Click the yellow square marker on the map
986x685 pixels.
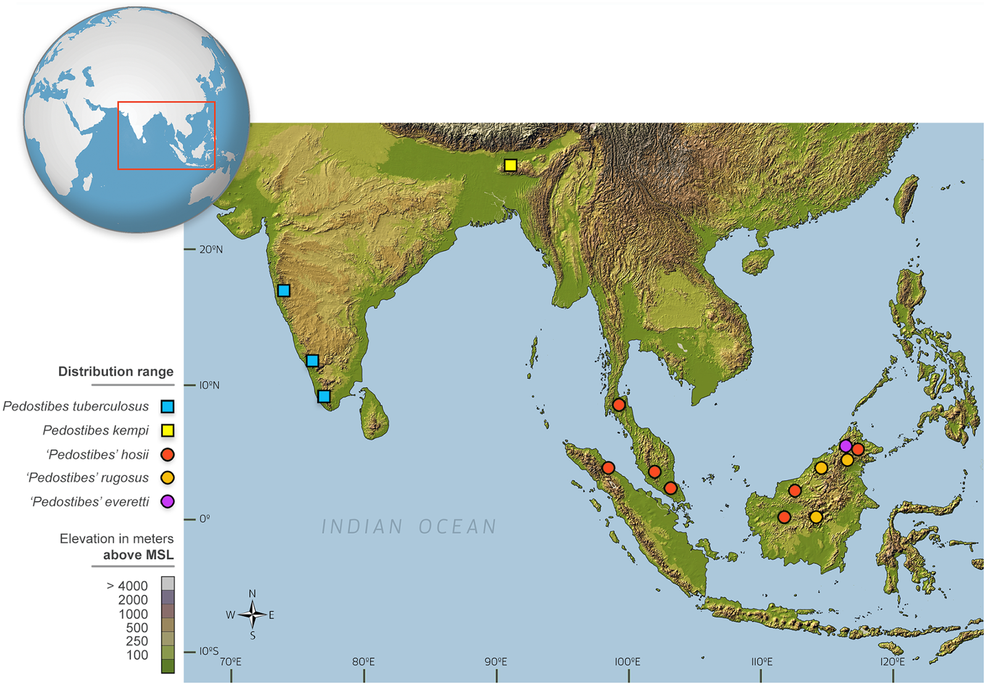point(510,165)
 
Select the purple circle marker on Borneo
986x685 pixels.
point(845,445)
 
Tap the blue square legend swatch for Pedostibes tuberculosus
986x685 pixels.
point(167,407)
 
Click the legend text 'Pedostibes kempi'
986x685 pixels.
point(96,430)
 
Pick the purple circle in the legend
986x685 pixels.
point(167,501)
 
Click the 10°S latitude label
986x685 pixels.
point(208,651)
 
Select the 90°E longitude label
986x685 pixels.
point(495,662)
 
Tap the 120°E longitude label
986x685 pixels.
point(892,662)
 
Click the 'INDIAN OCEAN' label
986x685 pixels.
point(409,527)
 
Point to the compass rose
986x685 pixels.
point(252,614)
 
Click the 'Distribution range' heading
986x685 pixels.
point(116,371)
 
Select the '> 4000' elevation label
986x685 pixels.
point(127,586)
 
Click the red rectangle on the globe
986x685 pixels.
point(166,136)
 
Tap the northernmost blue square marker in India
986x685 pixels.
point(283,290)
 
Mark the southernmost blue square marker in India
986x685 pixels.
point(324,396)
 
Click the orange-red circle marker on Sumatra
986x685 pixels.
point(608,468)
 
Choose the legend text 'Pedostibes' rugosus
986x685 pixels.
point(88,478)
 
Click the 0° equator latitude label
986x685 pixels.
point(204,519)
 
